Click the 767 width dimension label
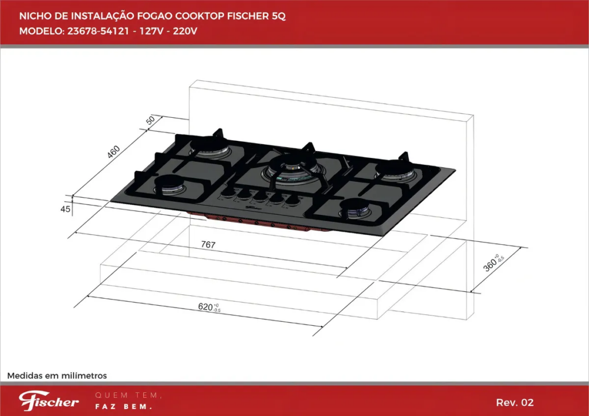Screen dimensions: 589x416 [208, 245]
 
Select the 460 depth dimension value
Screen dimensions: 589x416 [113, 152]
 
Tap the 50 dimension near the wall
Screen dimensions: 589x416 [150, 120]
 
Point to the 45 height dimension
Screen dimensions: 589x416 [66, 209]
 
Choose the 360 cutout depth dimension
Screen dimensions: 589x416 [493, 262]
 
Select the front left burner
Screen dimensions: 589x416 [169, 185]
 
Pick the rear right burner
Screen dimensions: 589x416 [395, 169]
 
